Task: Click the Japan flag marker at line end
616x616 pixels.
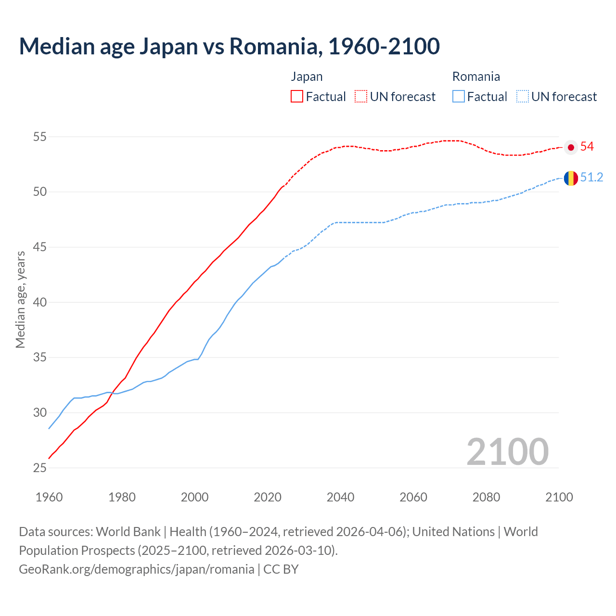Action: pyautogui.click(x=571, y=147)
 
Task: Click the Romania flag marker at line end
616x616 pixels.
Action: pyautogui.click(x=571, y=178)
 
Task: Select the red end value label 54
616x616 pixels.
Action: pyautogui.click(x=587, y=147)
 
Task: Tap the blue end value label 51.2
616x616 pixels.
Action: pyautogui.click(x=591, y=178)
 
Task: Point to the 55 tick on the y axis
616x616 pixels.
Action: pyautogui.click(x=39, y=137)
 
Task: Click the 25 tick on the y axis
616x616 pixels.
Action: pyautogui.click(x=39, y=468)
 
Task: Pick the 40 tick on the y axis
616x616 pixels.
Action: pyautogui.click(x=39, y=302)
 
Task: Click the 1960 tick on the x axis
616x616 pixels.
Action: pyautogui.click(x=49, y=497)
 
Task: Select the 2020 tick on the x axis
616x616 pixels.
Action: pyautogui.click(x=268, y=497)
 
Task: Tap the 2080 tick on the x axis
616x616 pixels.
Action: pyautogui.click(x=486, y=497)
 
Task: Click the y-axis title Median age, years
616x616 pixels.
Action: pyautogui.click(x=20, y=299)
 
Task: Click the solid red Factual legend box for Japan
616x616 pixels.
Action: pyautogui.click(x=297, y=96)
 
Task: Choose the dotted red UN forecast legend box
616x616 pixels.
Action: pyautogui.click(x=361, y=96)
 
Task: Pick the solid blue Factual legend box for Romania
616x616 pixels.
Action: pyautogui.click(x=459, y=96)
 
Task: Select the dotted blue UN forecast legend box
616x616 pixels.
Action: pyautogui.click(x=522, y=96)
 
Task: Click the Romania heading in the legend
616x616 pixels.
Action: pyautogui.click(x=476, y=77)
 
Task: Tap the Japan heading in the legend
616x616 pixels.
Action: pyautogui.click(x=307, y=77)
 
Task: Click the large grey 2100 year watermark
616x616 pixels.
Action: pyautogui.click(x=507, y=451)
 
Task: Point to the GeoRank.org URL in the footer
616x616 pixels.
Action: pyautogui.click(x=136, y=569)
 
